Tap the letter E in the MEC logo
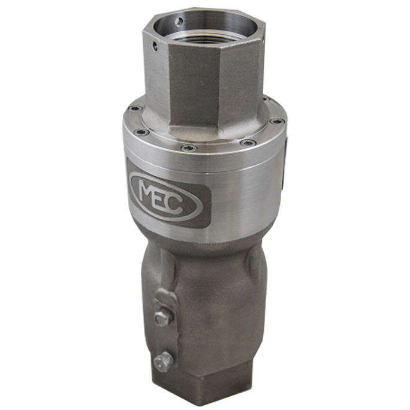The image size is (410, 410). tap(167, 197)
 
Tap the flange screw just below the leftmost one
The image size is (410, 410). tap(141, 132)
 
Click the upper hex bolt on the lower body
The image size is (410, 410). tap(162, 318)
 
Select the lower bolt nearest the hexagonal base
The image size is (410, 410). tap(161, 361)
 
